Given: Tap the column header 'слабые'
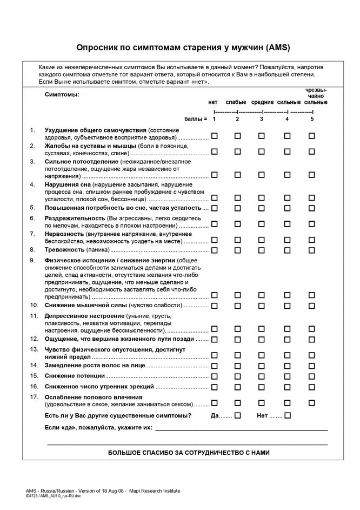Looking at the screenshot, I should tap(236, 102).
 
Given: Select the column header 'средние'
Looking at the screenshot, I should tap(262, 102).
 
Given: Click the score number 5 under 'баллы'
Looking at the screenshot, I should tap(312, 119).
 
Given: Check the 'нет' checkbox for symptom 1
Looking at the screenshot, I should tap(214, 136).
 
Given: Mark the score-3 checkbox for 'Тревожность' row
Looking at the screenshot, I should tap(262, 250).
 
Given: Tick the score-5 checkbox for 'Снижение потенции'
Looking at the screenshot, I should tap(312, 376).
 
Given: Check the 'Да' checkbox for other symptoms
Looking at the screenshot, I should tap(237, 415).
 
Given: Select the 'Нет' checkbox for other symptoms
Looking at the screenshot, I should tap(288, 415).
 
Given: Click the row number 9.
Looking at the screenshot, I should tap(32, 260).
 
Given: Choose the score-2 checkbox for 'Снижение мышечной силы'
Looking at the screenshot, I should tap(237, 306).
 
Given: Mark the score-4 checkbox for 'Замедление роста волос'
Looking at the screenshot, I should tap(287, 366).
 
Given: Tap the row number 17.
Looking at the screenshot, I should tap(34, 396).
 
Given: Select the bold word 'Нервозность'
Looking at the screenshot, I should tap(64, 234).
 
